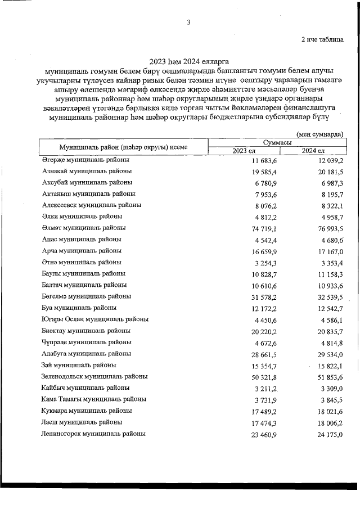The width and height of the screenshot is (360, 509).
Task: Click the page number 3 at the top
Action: pos(189,22)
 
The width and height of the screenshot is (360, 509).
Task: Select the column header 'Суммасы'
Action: pos(276,143)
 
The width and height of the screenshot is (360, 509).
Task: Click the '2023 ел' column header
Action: pos(244,151)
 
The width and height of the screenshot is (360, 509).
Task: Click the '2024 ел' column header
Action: pos(313,151)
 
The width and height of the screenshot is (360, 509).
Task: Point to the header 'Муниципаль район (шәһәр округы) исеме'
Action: pos(123,147)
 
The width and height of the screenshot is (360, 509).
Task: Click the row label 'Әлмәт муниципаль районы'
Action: pos(83,228)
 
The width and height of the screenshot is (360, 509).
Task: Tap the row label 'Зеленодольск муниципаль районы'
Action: pos(94,376)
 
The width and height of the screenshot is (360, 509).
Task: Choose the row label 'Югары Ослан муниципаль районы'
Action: pos(95,319)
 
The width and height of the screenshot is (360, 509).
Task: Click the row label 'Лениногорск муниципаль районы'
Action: pos(93,434)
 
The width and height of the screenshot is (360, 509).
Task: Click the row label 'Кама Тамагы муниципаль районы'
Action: pos(94,399)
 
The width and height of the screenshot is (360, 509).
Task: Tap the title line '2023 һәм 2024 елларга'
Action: pos(190,61)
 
